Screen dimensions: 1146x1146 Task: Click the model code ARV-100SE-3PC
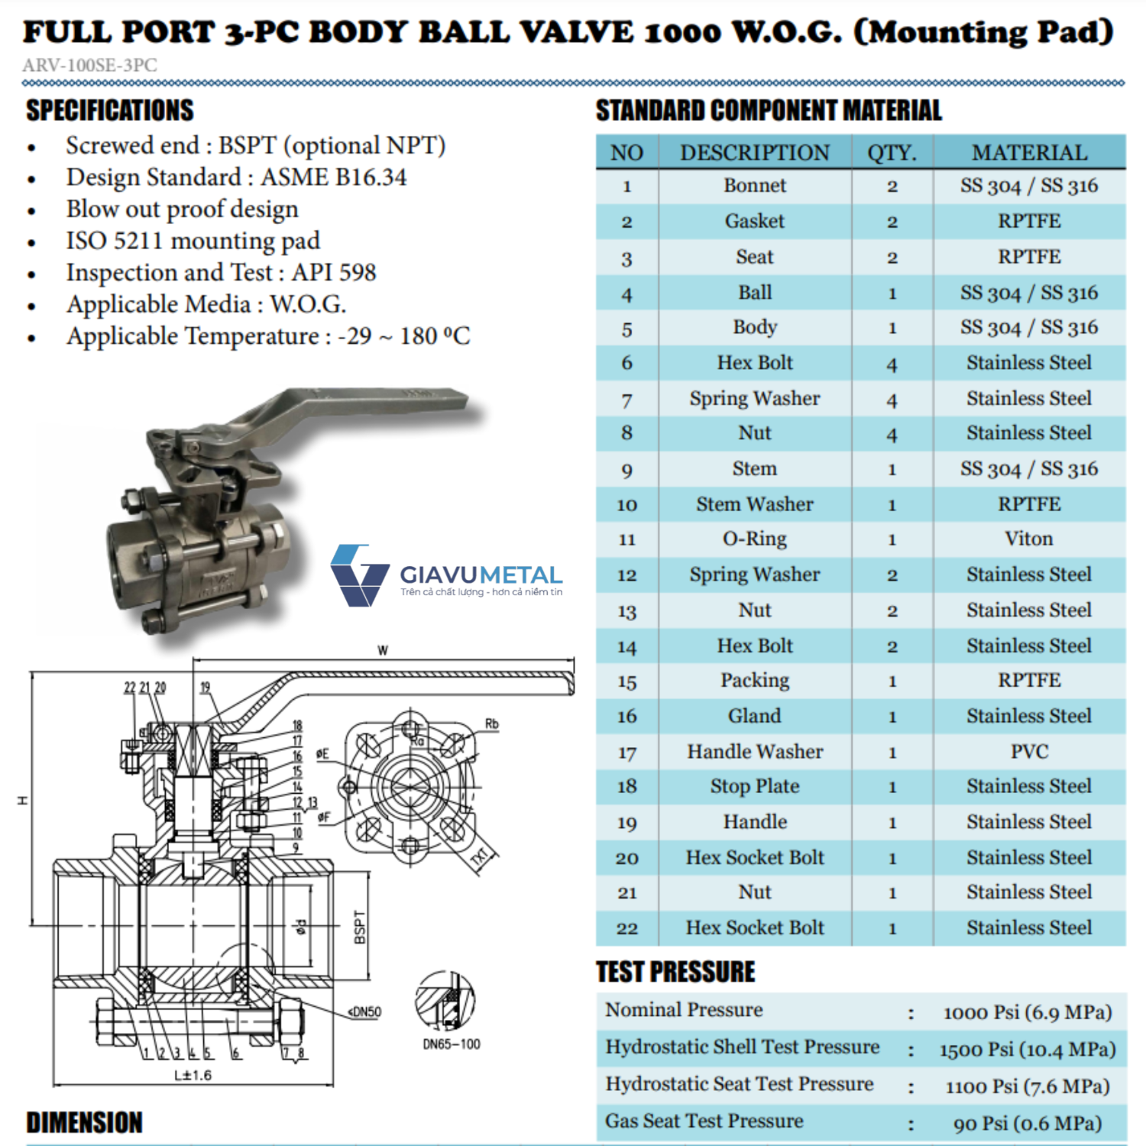[x=90, y=66]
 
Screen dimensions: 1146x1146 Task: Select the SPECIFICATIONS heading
[x=110, y=111]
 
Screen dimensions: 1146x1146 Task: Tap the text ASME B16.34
[x=334, y=177]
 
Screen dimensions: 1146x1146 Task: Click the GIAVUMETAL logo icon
[x=358, y=575]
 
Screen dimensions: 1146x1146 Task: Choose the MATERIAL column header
[x=1029, y=153]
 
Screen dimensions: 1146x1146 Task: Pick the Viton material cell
[x=1029, y=539]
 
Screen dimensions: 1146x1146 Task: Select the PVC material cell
[x=1029, y=752]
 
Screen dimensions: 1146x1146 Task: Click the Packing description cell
[x=755, y=681]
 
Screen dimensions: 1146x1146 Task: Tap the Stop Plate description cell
[x=755, y=787]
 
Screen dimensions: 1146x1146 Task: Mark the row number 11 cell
[x=626, y=540]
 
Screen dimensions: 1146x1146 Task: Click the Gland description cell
[x=755, y=717]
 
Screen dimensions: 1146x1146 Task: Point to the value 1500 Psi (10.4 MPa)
[x=1028, y=1050]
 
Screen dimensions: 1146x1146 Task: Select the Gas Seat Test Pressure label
[x=704, y=1122]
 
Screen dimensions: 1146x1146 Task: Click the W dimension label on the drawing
[x=383, y=651]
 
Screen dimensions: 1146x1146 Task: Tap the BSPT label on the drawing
[x=360, y=927]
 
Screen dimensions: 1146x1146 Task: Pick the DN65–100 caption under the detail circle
[x=452, y=1044]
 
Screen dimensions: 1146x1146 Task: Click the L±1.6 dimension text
[x=193, y=1076]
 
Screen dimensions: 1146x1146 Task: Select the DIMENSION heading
[x=85, y=1123]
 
